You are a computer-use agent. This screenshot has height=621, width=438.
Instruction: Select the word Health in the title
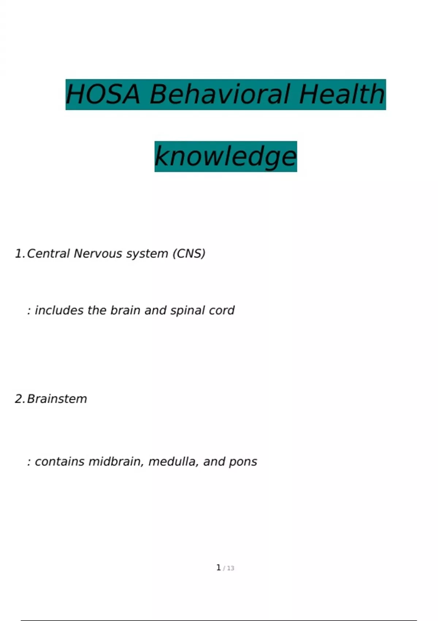[x=342, y=94]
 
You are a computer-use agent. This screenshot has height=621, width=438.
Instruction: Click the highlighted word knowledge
[x=226, y=156]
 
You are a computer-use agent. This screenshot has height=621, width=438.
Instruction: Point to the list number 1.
[x=19, y=254]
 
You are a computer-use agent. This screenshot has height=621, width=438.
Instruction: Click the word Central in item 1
[x=48, y=254]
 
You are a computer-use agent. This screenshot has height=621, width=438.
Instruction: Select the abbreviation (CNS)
[x=189, y=254]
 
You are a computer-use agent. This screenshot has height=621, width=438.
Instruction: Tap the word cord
[x=222, y=310]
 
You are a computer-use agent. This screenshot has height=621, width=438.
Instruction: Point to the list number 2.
[x=19, y=399]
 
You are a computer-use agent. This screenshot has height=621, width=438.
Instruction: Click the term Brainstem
[x=57, y=399]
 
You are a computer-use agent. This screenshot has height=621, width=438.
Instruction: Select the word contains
[x=60, y=462]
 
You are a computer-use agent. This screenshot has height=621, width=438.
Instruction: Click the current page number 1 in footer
[x=218, y=568]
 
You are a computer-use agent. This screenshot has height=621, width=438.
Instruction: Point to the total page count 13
[x=231, y=568]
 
